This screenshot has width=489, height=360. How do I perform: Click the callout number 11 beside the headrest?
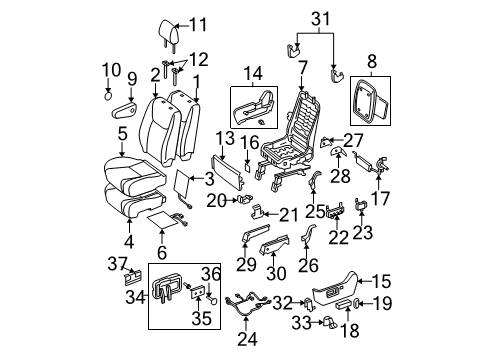197,25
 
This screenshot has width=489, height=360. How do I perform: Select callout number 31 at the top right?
318,16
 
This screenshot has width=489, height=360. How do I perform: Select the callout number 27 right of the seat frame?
354,140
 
